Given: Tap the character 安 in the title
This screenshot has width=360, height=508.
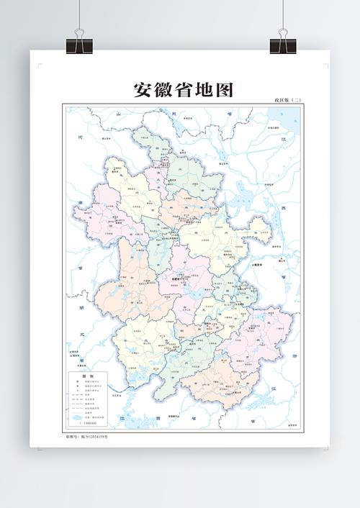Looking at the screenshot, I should pos(143,90).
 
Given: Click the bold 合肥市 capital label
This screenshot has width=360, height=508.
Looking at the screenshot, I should pos(177,279).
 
